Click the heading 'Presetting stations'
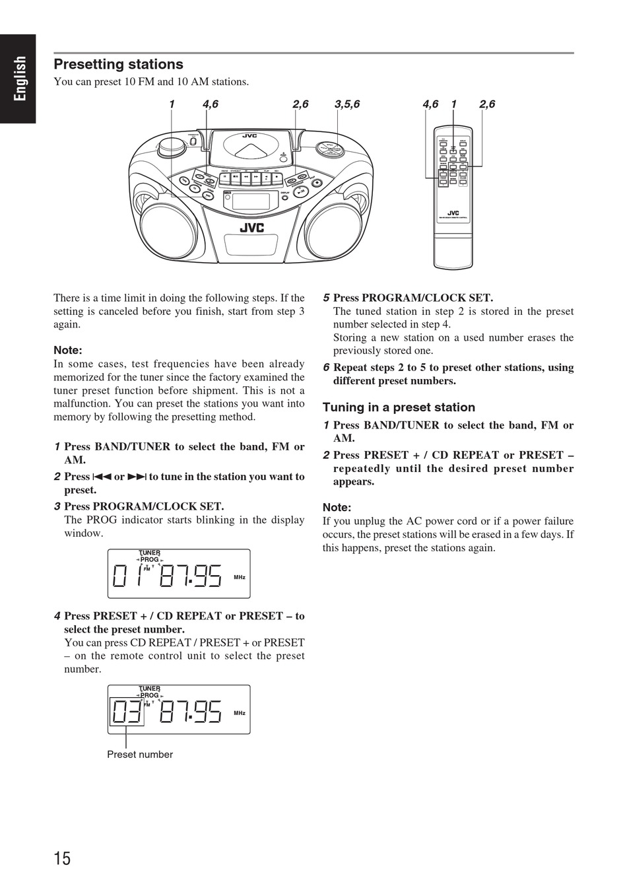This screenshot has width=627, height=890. pyautogui.click(x=118, y=64)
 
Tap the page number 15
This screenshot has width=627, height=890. pyautogui.click(x=62, y=858)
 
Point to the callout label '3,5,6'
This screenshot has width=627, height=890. pyautogui.click(x=347, y=104)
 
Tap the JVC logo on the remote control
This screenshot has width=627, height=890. pyautogui.click(x=453, y=213)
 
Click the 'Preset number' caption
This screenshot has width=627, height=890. pyautogui.click(x=140, y=755)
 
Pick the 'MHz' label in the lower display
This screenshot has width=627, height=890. pyautogui.click(x=240, y=713)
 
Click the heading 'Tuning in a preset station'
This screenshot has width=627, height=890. pyautogui.click(x=399, y=407)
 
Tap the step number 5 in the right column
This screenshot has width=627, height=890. pyautogui.click(x=326, y=298)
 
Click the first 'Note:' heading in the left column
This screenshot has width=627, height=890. pyautogui.click(x=67, y=350)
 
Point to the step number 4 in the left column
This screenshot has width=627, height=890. pyautogui.click(x=57, y=616)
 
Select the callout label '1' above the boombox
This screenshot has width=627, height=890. pyautogui.click(x=172, y=104)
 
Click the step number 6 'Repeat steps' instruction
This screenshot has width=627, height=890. pyautogui.click(x=453, y=374)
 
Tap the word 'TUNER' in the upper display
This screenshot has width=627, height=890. pyautogui.click(x=150, y=553)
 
